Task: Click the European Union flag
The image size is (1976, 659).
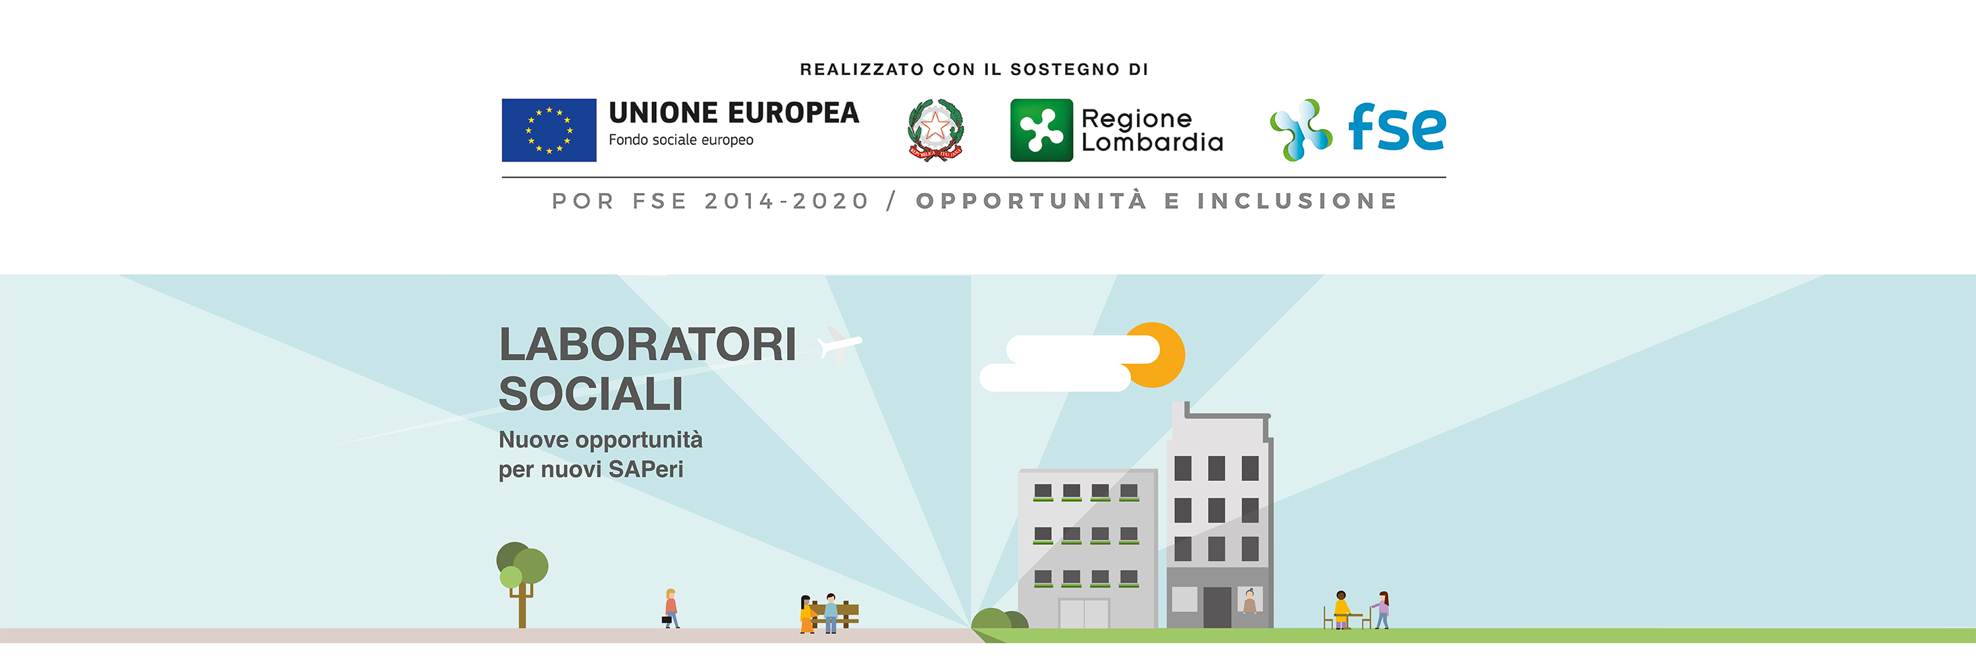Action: tap(549, 130)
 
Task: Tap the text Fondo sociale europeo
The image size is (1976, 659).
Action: tap(680, 140)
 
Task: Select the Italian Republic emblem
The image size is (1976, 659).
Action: tap(935, 130)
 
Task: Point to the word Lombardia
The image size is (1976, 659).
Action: tap(1151, 142)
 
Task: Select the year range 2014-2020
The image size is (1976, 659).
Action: tap(786, 201)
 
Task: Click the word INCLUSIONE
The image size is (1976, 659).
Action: tap(1297, 201)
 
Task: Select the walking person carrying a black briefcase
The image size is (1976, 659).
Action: tap(671, 608)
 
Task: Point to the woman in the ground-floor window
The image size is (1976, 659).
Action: tap(1249, 602)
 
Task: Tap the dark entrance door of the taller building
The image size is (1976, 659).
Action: tap(1217, 607)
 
